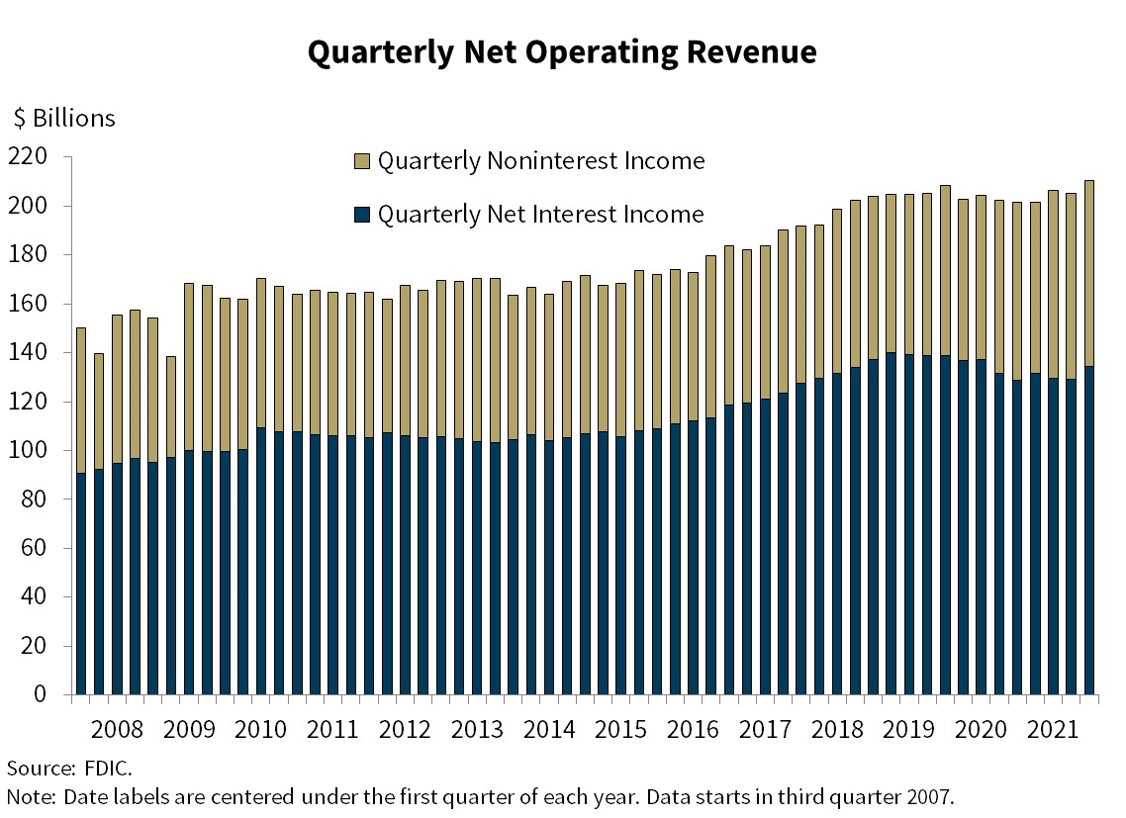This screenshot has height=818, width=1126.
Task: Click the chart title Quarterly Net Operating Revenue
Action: pos(562,52)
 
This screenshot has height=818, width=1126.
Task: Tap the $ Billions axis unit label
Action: pos(64,119)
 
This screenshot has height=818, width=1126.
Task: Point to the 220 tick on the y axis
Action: pos(27,157)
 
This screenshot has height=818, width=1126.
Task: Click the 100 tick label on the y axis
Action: pos(27,451)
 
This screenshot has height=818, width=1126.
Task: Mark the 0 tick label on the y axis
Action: pos(41,695)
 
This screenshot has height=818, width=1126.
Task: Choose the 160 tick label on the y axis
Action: pos(27,305)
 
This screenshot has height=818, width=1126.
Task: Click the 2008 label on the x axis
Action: pos(117,731)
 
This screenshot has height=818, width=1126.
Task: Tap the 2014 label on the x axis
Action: pos(549,731)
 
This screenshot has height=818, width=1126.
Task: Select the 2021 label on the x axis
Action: pos(1054,731)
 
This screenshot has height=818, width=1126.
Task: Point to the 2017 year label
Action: pos(765,731)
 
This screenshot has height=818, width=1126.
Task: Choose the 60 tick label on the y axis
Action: pos(34,549)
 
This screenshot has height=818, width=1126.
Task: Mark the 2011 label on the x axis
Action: pos(332,731)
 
